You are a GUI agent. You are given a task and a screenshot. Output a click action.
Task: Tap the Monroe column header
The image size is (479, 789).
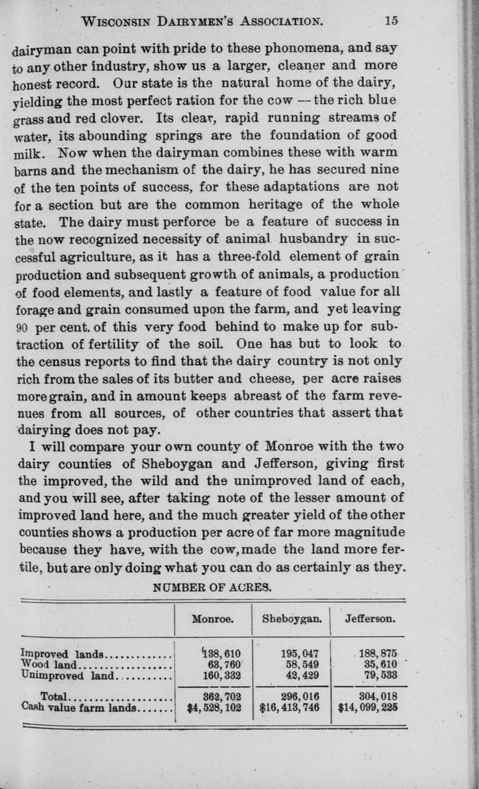click(x=213, y=619)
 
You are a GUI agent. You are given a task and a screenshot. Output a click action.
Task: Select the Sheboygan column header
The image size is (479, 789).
click(x=292, y=619)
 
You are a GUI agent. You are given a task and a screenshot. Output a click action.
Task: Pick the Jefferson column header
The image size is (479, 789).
click(x=370, y=619)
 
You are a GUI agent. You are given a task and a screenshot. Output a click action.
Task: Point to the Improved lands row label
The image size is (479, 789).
click(x=62, y=653)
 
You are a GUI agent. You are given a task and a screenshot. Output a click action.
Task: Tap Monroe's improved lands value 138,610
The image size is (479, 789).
click(x=221, y=653)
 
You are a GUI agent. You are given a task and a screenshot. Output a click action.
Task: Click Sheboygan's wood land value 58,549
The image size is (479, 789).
click(x=302, y=664)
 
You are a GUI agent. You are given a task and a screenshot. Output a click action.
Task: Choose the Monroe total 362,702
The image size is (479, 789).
click(x=222, y=697)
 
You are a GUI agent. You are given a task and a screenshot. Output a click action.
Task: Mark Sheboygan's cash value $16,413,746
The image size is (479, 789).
click(x=289, y=707)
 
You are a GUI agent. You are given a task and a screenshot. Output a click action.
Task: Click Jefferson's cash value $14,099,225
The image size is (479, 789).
click(x=368, y=707)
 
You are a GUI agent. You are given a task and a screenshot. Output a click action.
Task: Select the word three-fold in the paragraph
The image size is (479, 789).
click(x=249, y=257)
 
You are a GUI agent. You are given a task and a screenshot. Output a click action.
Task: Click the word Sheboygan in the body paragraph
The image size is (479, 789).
click(x=177, y=464)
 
